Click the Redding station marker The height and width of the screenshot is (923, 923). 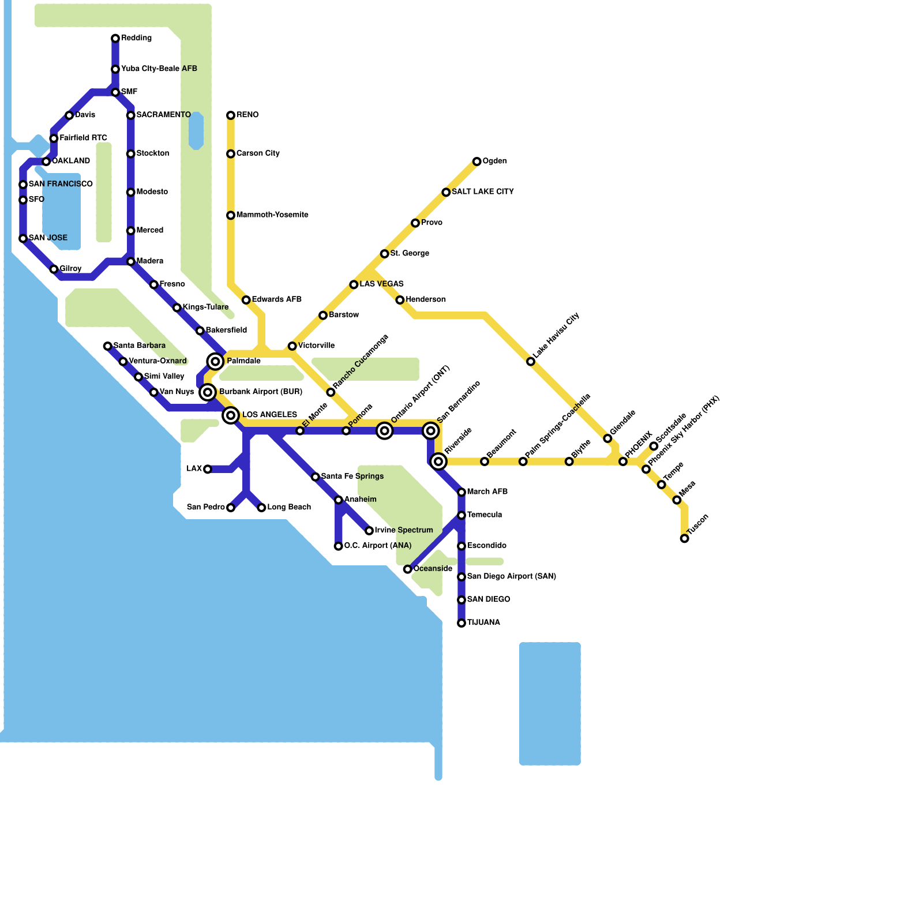click(x=115, y=39)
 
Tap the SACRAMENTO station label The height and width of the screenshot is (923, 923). click(x=163, y=115)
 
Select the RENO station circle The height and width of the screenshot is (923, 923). click(x=231, y=115)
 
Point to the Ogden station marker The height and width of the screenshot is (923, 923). click(x=476, y=162)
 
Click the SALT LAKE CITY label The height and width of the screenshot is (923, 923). click(x=482, y=192)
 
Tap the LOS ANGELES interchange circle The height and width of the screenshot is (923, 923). click(x=231, y=415)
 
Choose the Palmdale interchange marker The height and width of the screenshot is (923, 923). click(x=215, y=362)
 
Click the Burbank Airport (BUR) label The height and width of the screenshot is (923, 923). click(x=260, y=392)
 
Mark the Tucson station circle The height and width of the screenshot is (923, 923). click(x=684, y=539)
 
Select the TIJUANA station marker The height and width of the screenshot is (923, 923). click(x=461, y=623)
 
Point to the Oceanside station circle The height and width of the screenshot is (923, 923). click(x=407, y=569)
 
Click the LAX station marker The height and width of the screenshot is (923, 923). click(x=208, y=469)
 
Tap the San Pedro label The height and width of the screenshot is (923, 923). click(x=206, y=508)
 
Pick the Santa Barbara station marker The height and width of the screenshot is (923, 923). click(x=107, y=346)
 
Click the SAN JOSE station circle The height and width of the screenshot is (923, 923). click(x=23, y=238)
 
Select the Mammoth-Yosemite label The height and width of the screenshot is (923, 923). click(x=272, y=215)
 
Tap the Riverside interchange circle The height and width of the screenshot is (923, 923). click(x=438, y=461)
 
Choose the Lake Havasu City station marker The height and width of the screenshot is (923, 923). click(x=531, y=362)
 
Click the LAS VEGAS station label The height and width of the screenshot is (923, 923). click(x=381, y=284)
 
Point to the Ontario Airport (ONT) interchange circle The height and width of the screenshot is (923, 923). click(x=385, y=431)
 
